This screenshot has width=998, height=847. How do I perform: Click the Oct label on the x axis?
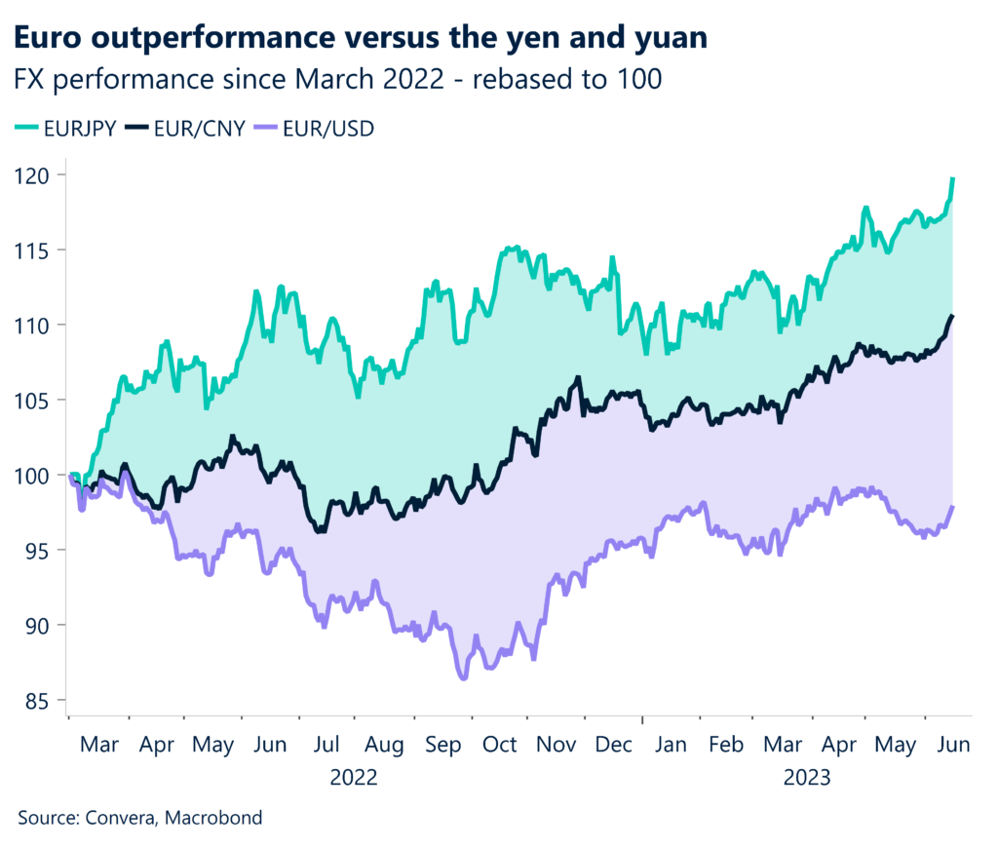tap(500, 745)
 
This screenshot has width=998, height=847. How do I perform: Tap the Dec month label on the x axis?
tap(615, 745)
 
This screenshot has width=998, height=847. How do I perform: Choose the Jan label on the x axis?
tap(672, 745)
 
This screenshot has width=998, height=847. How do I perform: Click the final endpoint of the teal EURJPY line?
tap(951, 179)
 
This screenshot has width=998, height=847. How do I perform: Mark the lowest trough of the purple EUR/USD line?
tap(462, 677)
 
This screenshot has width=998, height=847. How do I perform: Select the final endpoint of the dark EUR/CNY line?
tap(952, 316)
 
